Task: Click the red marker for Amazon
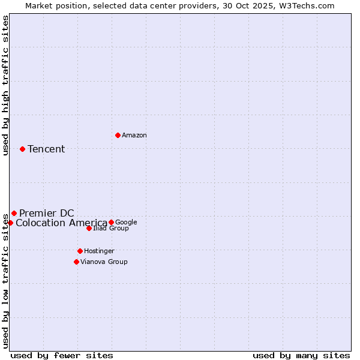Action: [x=118, y=135]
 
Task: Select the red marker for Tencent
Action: [x=22, y=149]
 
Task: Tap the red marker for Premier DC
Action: [x=14, y=213]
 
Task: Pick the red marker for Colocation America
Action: [x=10, y=223]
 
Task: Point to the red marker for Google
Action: [x=111, y=222]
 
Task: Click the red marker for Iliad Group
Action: [x=89, y=228]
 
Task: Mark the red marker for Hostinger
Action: [x=80, y=251]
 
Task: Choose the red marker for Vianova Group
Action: [x=76, y=262]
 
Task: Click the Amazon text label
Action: [x=134, y=136]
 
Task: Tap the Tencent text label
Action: [x=46, y=149]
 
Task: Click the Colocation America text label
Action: [x=61, y=223]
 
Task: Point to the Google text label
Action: [x=126, y=223]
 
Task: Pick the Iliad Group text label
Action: [x=111, y=229]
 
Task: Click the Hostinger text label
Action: [x=99, y=251]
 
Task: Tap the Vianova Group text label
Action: [x=104, y=262]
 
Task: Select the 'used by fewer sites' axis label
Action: [x=62, y=355]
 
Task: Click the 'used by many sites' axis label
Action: [x=301, y=355]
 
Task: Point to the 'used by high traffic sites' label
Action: [x=5, y=85]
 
